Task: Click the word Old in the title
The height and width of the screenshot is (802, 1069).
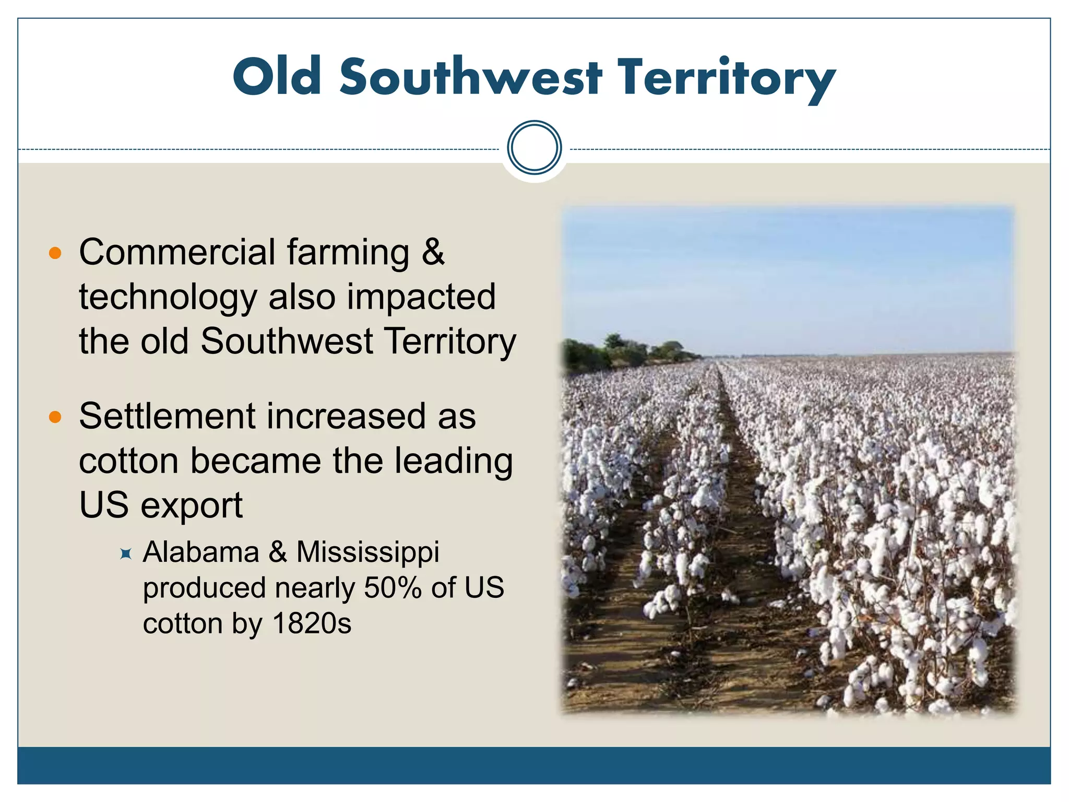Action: coord(277,77)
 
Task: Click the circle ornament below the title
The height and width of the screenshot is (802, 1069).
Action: coord(534,147)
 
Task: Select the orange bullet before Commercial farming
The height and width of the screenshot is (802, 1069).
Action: coord(55,254)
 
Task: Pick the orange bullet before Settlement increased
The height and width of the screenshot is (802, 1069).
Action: coord(55,417)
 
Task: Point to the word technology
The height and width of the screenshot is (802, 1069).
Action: coord(168,298)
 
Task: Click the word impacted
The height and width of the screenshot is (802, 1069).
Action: coord(421,297)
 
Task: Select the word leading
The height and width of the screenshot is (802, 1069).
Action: coord(453,461)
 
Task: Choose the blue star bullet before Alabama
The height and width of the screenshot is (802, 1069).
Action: coord(125,553)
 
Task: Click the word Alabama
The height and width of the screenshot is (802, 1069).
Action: coord(201,552)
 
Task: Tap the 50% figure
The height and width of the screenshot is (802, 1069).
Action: coord(393,588)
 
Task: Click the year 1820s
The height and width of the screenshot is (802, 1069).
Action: coord(312,623)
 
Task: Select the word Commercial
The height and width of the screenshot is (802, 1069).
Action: coord(177,252)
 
